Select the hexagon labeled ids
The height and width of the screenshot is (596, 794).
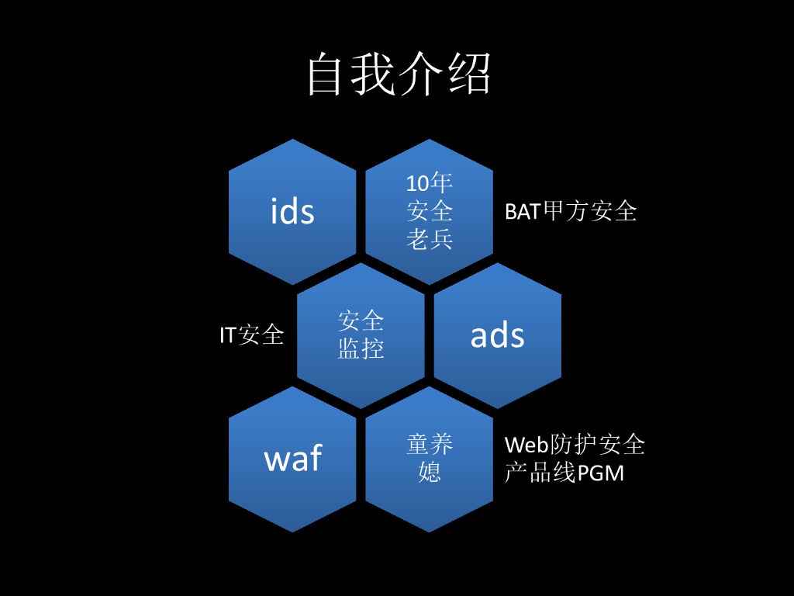292,211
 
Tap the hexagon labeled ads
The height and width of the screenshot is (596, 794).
497,335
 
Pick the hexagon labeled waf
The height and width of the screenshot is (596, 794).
292,459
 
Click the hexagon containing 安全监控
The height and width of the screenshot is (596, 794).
361,335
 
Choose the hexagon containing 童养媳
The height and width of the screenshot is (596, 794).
429,459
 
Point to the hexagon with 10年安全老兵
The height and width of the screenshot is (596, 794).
429,211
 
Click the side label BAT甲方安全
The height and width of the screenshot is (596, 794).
571,211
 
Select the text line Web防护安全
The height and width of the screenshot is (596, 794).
575,445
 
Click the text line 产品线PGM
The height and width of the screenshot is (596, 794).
564,473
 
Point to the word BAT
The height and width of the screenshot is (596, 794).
523,212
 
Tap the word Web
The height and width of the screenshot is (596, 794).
527,445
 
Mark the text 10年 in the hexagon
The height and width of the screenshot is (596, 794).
429,183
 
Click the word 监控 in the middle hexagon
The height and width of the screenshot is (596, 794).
361,349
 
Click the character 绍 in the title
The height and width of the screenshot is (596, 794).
469,75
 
